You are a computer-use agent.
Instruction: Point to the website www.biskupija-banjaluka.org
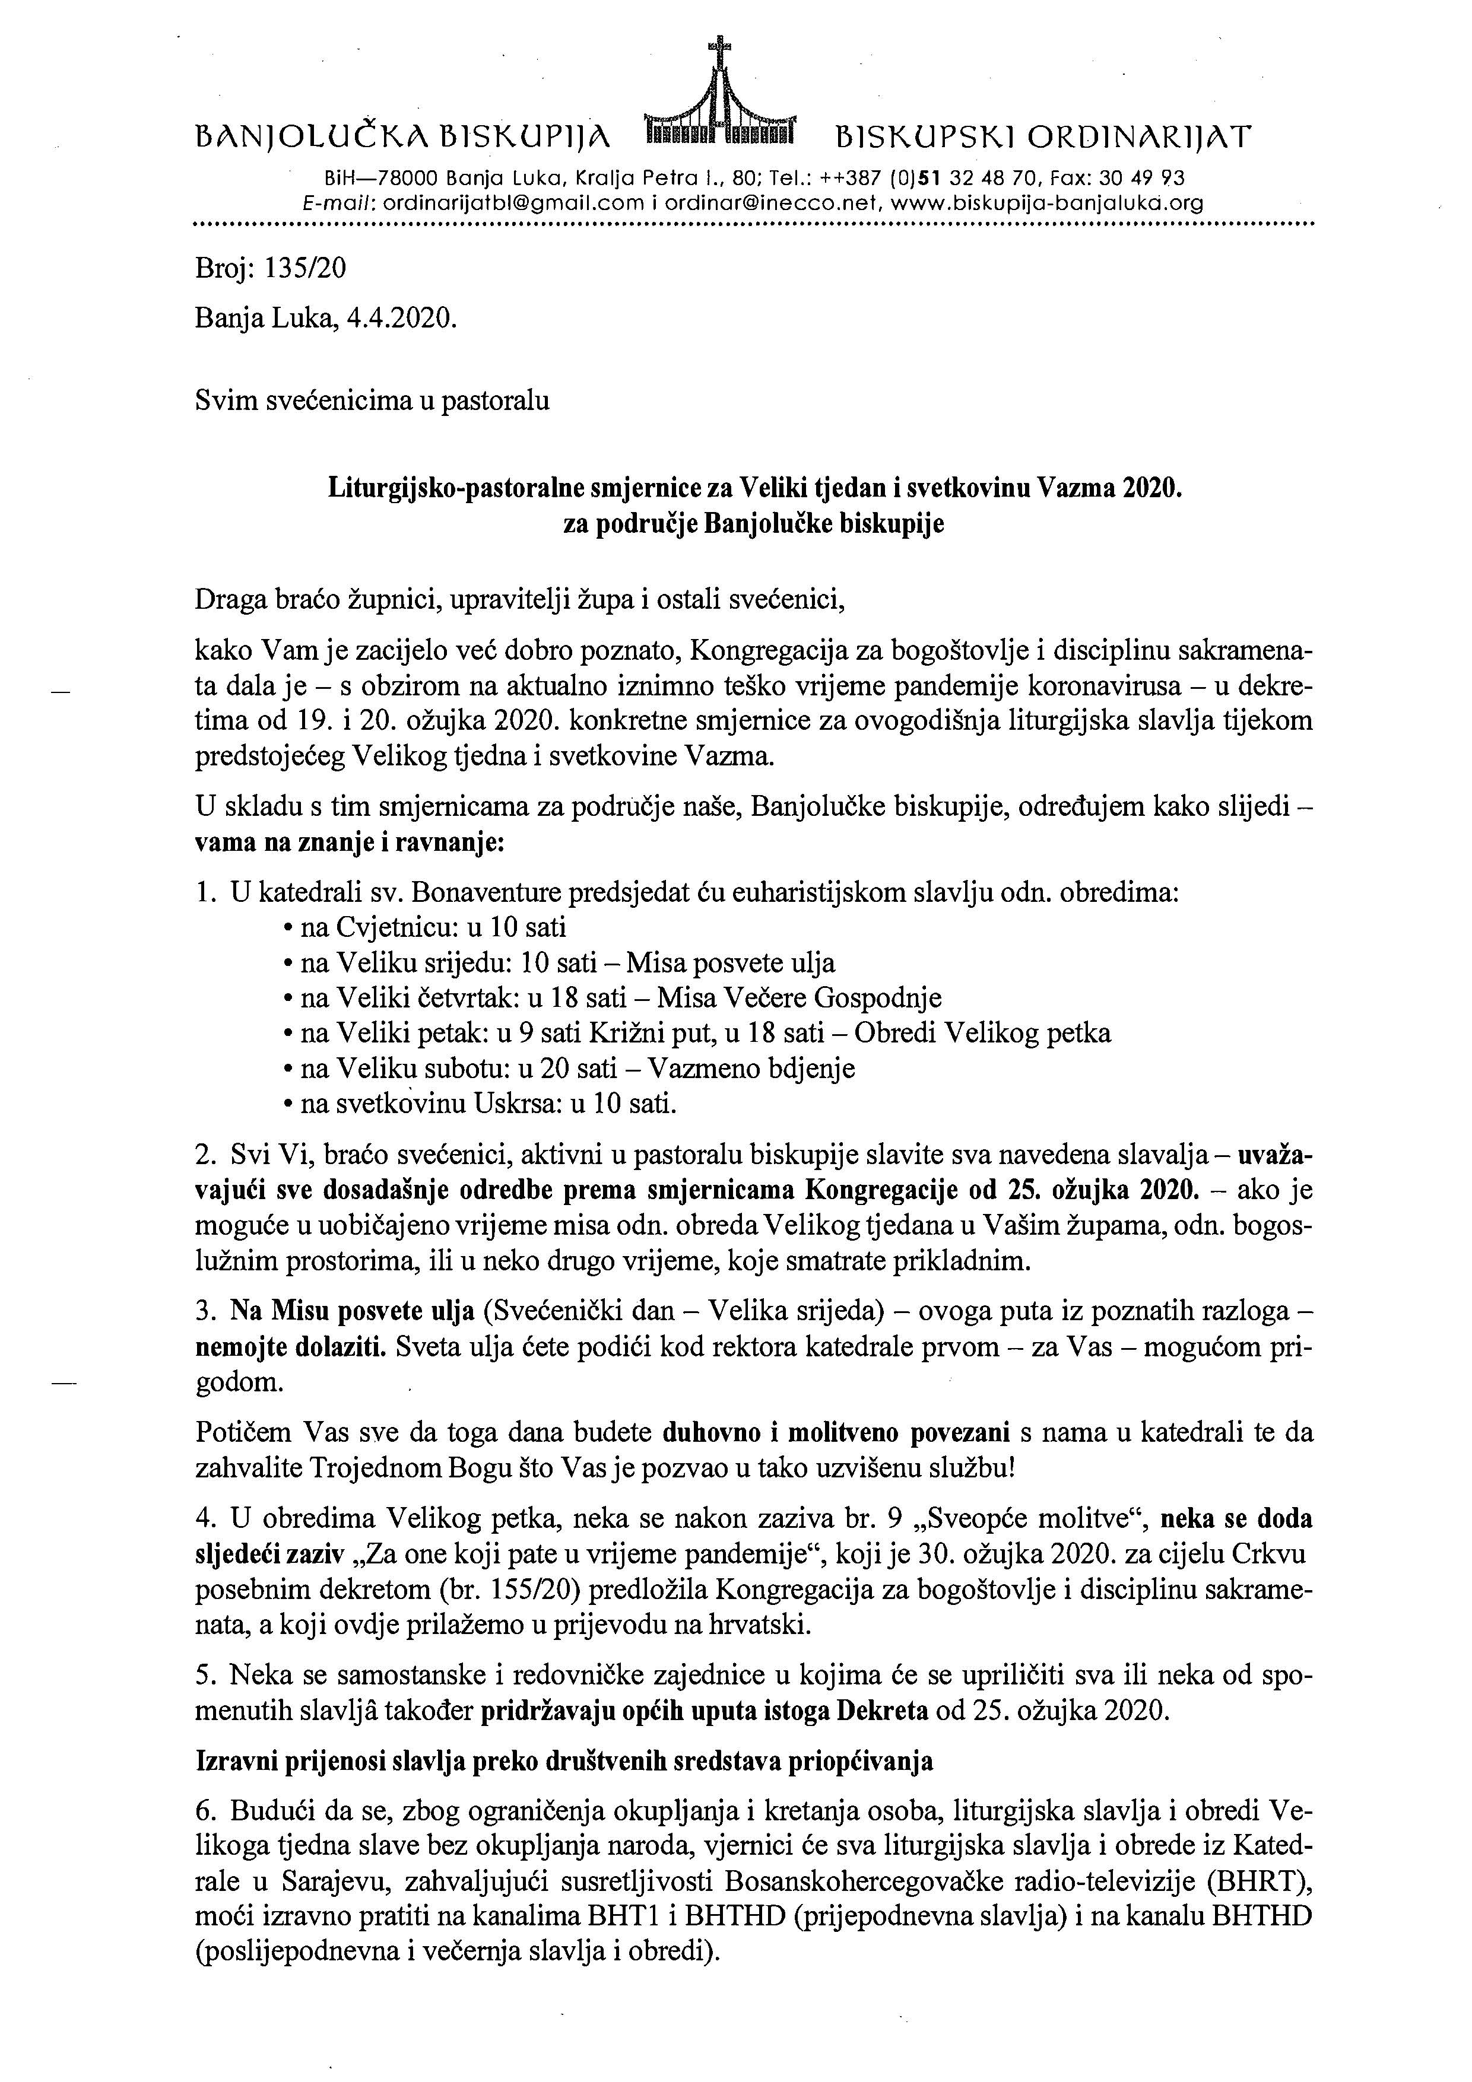1048,204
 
